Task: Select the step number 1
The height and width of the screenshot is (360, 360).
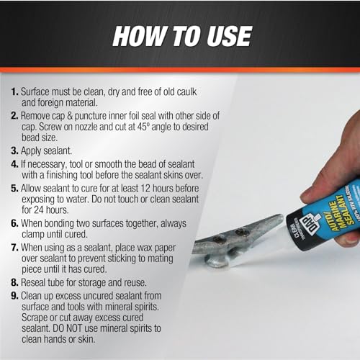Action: pyautogui.click(x=16, y=93)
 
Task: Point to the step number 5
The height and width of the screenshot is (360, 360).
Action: pyautogui.click(x=16, y=189)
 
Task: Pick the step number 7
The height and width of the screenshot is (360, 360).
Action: pyautogui.click(x=16, y=248)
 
